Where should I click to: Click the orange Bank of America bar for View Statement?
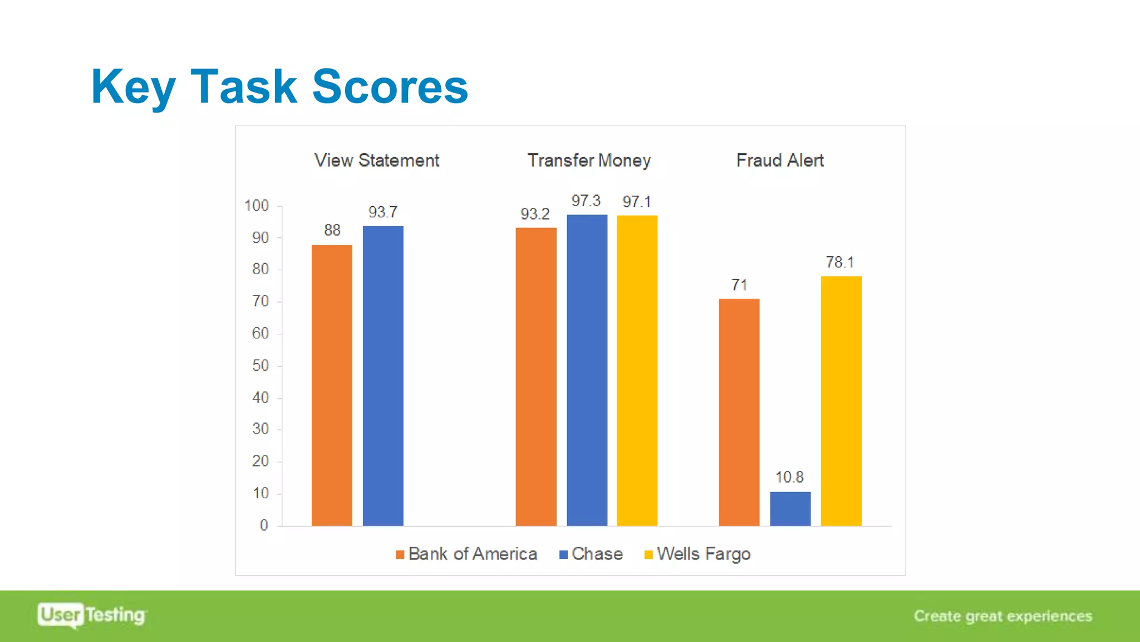[x=332, y=385]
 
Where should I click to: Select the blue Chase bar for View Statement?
[x=383, y=376]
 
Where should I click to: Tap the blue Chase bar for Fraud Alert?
[x=790, y=508]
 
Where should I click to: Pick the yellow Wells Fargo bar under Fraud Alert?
[x=841, y=401]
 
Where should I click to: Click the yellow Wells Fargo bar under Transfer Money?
[x=637, y=370]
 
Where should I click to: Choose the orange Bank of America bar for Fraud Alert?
[x=739, y=412]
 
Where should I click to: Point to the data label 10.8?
[x=789, y=477]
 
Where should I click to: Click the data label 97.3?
[x=586, y=201]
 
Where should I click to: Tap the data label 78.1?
[x=840, y=262]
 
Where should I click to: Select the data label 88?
[x=332, y=230]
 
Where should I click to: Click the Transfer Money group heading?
[x=589, y=160]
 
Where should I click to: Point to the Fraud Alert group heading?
[x=780, y=160]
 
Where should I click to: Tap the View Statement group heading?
[x=377, y=160]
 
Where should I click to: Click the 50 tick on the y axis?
[x=261, y=366]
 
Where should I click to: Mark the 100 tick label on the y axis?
[x=257, y=206]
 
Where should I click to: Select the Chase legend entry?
[x=591, y=554]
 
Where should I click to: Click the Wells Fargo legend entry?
[x=697, y=554]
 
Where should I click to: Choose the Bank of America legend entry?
[x=466, y=554]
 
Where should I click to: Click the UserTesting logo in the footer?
[x=92, y=615]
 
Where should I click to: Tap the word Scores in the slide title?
[x=390, y=87]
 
